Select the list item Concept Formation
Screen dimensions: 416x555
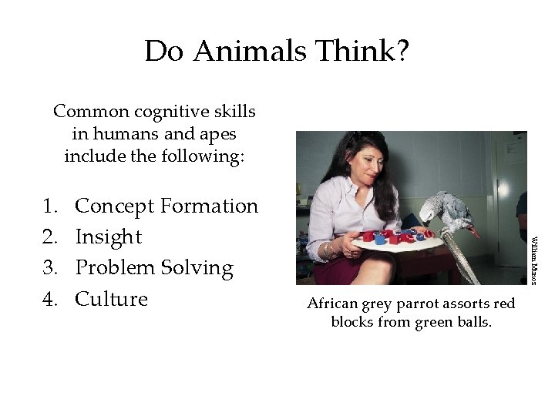[166, 206]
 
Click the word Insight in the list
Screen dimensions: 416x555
[109, 237]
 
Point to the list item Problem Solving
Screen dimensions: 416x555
[154, 267]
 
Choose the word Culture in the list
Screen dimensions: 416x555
[111, 298]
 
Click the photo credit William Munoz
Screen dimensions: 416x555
[533, 257]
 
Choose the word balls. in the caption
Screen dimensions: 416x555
[473, 321]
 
